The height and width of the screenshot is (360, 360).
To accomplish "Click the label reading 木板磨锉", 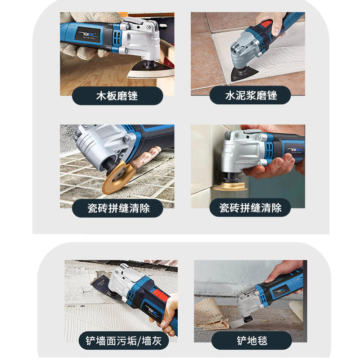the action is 117,96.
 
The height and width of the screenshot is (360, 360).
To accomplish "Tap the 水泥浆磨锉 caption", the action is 251,95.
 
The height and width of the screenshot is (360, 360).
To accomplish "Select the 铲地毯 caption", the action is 252,341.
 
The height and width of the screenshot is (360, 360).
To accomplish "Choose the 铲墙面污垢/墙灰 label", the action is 124,341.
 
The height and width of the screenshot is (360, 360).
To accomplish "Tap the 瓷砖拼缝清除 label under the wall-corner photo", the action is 251,208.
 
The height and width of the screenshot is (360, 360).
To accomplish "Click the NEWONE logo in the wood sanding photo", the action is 88,35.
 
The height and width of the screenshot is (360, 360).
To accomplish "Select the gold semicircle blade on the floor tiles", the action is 117,177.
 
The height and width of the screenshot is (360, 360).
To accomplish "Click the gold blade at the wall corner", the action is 229,186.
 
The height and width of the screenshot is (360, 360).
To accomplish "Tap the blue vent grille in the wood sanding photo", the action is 117,38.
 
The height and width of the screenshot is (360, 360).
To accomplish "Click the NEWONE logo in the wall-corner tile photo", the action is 296,150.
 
